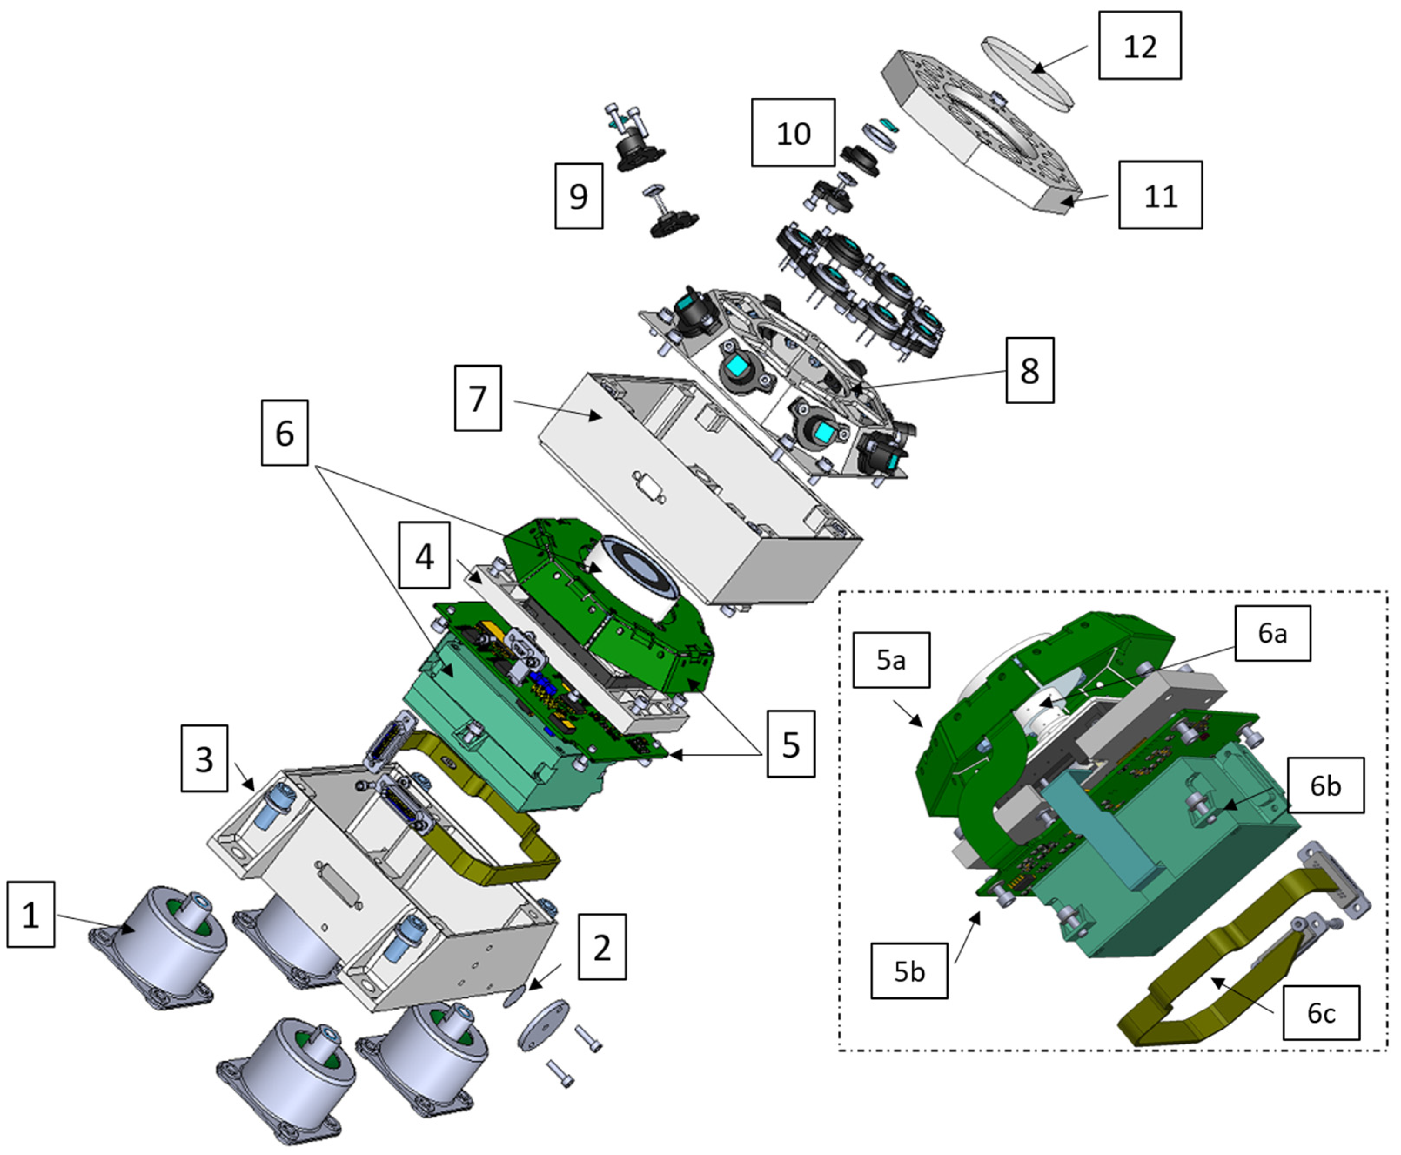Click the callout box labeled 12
(1139, 45)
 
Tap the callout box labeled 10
(793, 132)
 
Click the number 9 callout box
(579, 196)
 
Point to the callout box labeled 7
(477, 398)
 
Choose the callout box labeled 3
(204, 758)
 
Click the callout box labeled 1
(30, 914)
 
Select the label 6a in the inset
(1272, 633)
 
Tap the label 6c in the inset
(1320, 1012)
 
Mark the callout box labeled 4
(424, 555)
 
